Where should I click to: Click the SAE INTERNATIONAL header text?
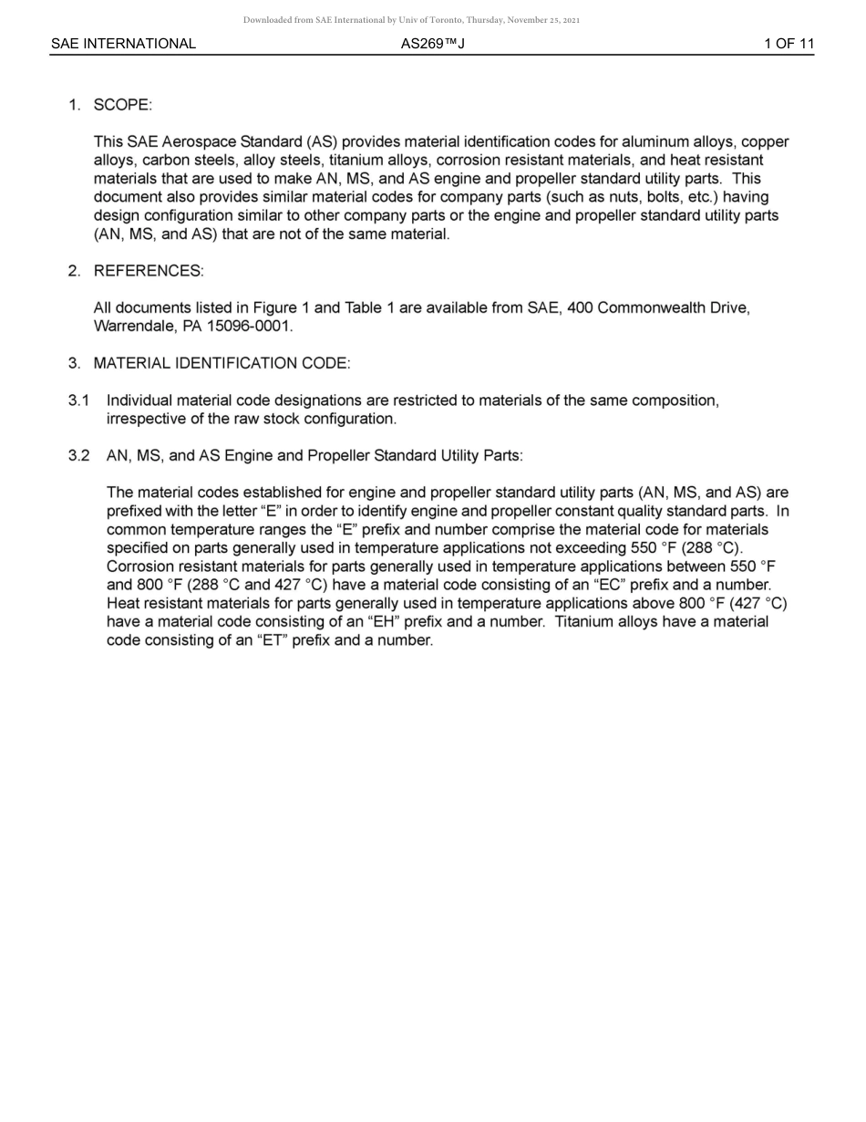click(123, 44)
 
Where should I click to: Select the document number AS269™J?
click(432, 44)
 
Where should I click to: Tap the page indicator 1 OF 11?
click(789, 44)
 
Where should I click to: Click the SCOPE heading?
click(122, 105)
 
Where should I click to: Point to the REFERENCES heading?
click(149, 271)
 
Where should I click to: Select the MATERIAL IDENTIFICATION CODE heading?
click(222, 363)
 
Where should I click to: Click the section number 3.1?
click(78, 400)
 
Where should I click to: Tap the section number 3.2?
click(78, 456)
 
